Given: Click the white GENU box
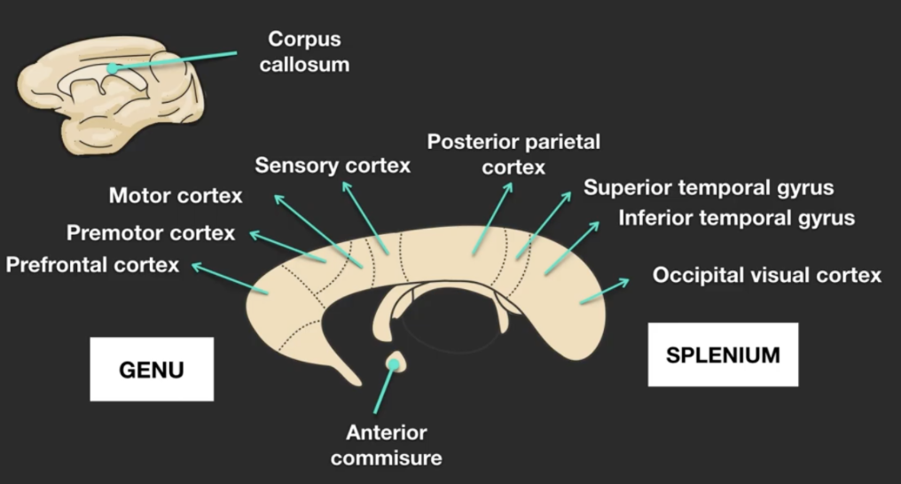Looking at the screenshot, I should point(152,369).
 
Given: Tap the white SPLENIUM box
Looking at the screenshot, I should point(723,355).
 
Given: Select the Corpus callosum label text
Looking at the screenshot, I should point(304,52).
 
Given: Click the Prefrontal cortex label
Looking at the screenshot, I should point(92,265).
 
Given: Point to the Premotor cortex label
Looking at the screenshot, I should point(151,233).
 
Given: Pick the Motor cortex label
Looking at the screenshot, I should point(175,196).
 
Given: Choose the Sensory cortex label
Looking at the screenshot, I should point(333,166).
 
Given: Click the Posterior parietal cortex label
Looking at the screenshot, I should point(513,153).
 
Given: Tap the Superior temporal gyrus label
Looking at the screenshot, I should point(709,188).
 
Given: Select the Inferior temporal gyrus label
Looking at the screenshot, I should point(736,218).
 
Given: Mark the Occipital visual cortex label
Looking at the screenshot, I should point(767,275).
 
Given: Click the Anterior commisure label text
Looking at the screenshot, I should point(386,445).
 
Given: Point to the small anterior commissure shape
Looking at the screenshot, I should point(395,362).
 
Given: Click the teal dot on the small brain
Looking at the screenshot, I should point(112,67).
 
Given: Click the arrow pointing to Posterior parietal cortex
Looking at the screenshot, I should point(493,217).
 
